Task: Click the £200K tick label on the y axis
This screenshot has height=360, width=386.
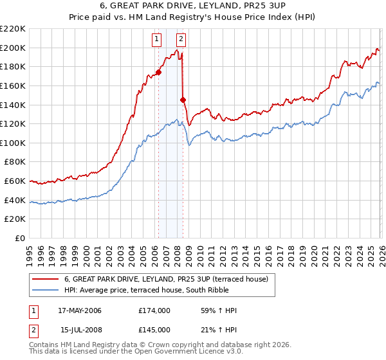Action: tap(13, 48)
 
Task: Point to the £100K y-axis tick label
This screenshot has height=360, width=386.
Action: tap(13, 143)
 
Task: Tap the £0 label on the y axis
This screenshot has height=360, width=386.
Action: tap(20, 239)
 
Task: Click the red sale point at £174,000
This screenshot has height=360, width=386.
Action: tap(158, 72)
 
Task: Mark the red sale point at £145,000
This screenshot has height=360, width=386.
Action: tap(183, 100)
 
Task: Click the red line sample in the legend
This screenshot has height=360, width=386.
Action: tap(45, 279)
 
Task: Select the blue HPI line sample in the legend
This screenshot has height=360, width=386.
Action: tap(45, 291)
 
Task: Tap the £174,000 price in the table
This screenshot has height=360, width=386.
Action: tap(154, 310)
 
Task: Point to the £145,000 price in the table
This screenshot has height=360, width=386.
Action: tap(154, 330)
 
